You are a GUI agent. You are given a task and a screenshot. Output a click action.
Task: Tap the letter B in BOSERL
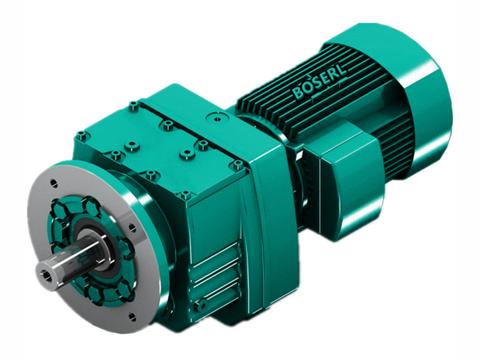(298, 94)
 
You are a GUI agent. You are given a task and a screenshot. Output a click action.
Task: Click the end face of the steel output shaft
(46, 274)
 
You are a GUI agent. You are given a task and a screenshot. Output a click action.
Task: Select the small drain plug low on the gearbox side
(202, 305)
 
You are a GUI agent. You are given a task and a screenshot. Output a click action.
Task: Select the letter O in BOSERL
(308, 90)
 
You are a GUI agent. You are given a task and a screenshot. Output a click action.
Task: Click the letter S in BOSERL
(317, 86)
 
